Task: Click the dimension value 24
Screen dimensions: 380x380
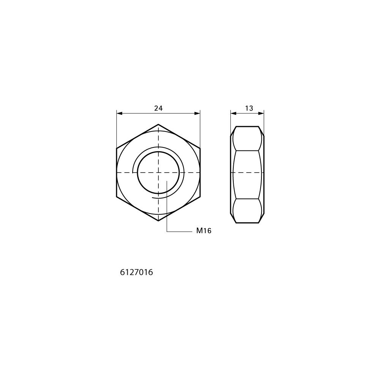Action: pyautogui.click(x=158, y=108)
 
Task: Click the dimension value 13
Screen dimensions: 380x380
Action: pyautogui.click(x=249, y=108)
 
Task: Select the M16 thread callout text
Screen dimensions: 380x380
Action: pyautogui.click(x=204, y=231)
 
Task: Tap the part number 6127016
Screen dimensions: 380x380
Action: pyautogui.click(x=136, y=272)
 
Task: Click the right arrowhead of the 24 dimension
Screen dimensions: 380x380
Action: pyautogui.click(x=197, y=113)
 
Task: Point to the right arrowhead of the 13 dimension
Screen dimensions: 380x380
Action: pyautogui.click(x=261, y=113)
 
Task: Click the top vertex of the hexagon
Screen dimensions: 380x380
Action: pyautogui.click(x=158, y=124)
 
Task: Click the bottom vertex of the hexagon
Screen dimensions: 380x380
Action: pyautogui.click(x=158, y=221)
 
